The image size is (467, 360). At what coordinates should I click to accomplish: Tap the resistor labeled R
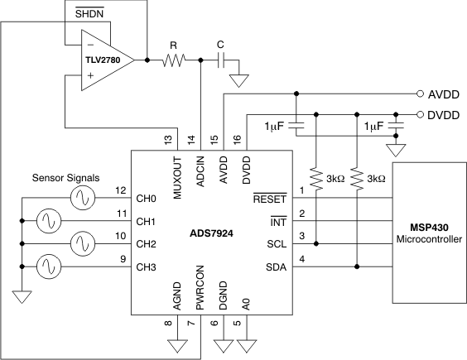[x=175, y=60]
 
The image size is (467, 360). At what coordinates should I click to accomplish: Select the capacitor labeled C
[x=221, y=60]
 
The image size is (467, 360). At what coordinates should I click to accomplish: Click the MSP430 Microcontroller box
[x=429, y=233]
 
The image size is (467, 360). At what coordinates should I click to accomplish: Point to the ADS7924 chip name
[x=210, y=233]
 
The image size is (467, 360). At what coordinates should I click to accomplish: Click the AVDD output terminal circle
[x=421, y=94]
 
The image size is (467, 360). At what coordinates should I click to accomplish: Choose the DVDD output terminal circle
[x=421, y=114]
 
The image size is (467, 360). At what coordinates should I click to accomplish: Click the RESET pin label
[x=268, y=199]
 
